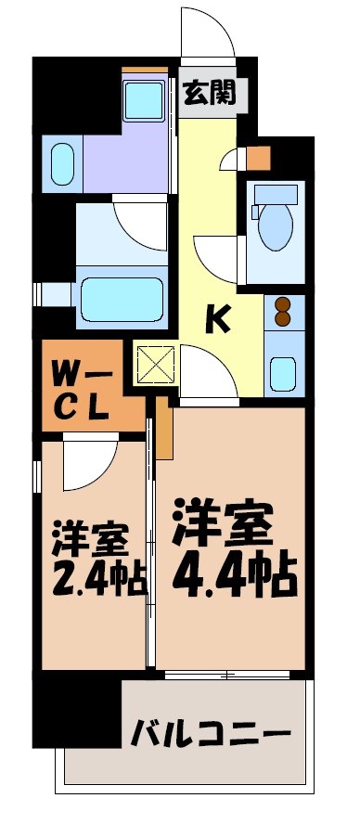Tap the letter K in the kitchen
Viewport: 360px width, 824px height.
(x=217, y=319)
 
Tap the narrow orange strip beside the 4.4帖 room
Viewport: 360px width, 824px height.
(x=164, y=429)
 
